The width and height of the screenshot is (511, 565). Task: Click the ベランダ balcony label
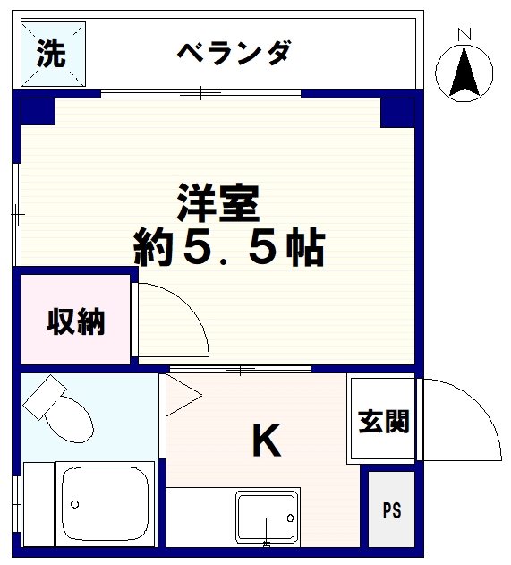(x=233, y=53)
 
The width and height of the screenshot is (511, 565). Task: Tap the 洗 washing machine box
(x=51, y=55)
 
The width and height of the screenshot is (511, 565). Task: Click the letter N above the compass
(x=464, y=34)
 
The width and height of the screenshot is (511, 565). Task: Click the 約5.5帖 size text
(x=228, y=246)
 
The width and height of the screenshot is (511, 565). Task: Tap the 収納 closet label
(x=76, y=321)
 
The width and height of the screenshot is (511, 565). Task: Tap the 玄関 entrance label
(x=384, y=421)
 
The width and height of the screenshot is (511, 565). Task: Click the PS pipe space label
(x=392, y=511)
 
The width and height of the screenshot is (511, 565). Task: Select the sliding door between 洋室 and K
(x=240, y=369)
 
